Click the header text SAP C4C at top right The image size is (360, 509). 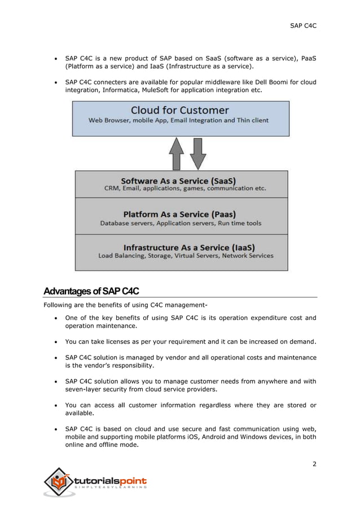pos(303,25)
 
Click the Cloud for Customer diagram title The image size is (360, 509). pos(179,110)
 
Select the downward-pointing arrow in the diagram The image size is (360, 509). pos(197,153)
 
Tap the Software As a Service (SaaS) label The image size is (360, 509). pos(178,181)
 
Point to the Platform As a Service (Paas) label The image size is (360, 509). pos(179,214)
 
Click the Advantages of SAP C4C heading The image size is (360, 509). pos(91,291)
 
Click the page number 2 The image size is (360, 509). pos(314,464)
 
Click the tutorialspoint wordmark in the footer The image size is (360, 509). pos(111,480)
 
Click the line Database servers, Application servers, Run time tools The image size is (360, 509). pos(181,223)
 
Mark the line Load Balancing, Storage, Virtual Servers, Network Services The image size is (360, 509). pos(186,256)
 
